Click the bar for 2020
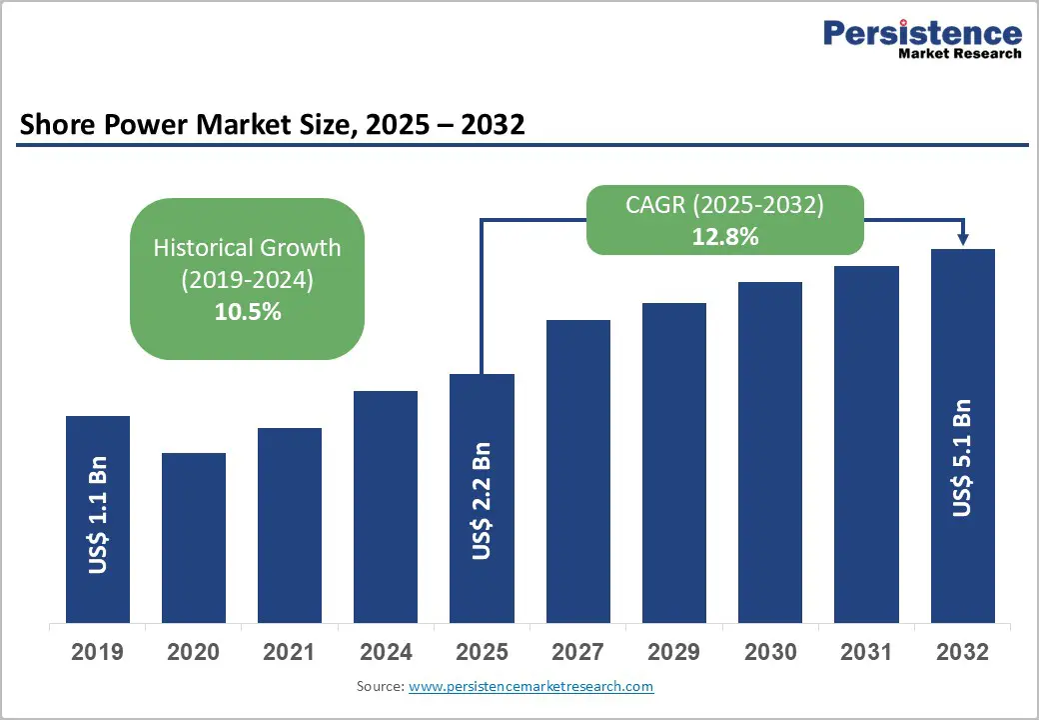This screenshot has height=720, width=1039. point(193,537)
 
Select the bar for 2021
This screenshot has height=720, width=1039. point(290,525)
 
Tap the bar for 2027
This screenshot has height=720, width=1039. point(578,471)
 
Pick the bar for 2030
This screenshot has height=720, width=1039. point(770,452)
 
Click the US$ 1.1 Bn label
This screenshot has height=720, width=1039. point(98,515)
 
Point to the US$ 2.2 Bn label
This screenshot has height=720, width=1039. point(482,500)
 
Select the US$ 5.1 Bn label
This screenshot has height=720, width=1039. point(962,458)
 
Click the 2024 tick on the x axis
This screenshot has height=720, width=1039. point(386,652)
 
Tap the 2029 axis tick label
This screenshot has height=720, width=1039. point(674,652)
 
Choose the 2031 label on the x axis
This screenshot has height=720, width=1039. point(866,652)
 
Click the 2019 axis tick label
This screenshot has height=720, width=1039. point(98,652)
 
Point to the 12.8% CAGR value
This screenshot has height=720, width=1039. point(724,237)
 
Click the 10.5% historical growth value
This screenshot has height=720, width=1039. point(247,311)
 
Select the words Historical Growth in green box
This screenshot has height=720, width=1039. point(247,248)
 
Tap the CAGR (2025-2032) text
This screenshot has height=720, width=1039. point(724,205)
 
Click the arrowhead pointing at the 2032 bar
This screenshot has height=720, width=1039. point(962,239)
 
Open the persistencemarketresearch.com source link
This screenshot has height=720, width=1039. point(530,686)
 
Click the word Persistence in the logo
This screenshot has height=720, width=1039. point(922,33)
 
